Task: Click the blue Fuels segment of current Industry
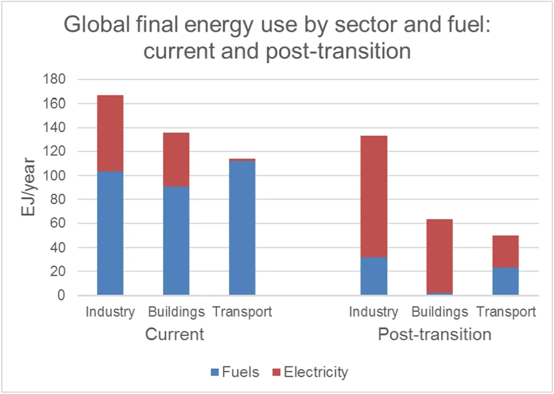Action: pos(110,233)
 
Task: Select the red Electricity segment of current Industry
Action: pos(110,133)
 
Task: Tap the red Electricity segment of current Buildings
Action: pos(176,160)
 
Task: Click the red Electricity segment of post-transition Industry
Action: pos(374,197)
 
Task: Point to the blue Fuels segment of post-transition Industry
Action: pos(374,276)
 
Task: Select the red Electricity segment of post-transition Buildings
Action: pos(439,256)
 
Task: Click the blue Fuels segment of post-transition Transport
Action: pos(505,281)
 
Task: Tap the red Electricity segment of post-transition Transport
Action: pos(505,251)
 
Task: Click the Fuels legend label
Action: pos(241,372)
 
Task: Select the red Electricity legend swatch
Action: pos(277,372)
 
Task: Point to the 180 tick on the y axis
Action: pos(54,79)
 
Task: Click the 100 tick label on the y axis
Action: pos(54,176)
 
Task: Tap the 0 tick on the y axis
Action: pos(61,295)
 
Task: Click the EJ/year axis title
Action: pos(28,187)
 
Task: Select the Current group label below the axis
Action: pos(175,334)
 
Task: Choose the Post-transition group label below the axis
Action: pos(435,334)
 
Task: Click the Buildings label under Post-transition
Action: pos(439,312)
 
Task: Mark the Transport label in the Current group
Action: pos(242,312)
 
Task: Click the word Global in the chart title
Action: pos(97,25)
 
